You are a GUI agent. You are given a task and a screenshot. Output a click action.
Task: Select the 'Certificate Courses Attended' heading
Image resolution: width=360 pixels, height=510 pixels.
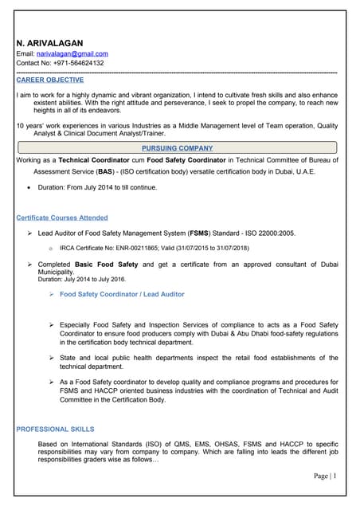[x=62, y=218]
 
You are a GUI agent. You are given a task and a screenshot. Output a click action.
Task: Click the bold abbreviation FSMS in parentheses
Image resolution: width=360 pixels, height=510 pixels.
[x=199, y=233]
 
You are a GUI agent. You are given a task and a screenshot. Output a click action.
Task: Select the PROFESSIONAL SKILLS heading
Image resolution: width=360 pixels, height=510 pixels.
[x=55, y=430]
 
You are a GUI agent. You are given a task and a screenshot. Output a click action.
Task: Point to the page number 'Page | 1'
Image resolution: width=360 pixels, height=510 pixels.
[x=324, y=476]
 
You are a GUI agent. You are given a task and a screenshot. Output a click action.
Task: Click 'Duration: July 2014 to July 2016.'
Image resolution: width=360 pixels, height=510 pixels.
[x=82, y=279]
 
